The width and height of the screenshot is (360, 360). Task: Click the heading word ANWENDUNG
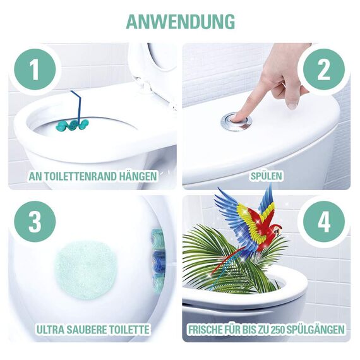tap(180, 20)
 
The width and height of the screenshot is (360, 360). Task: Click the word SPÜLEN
tap(266, 176)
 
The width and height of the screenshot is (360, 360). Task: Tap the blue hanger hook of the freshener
tap(76, 101)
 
